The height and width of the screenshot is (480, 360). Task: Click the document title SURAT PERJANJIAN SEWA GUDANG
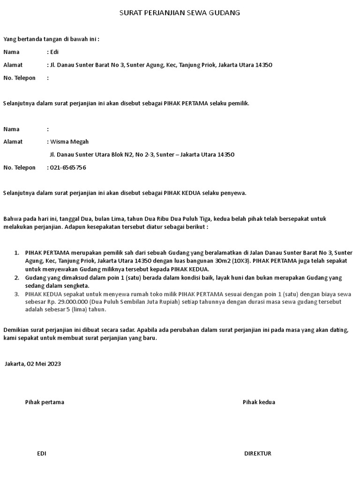(180, 13)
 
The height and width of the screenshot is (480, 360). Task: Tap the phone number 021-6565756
(68, 167)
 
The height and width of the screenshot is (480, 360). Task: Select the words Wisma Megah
(69, 142)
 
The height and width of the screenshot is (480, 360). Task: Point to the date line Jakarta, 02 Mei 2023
(32, 363)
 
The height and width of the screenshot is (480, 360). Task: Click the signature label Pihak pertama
(45, 402)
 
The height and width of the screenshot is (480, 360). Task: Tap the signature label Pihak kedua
(259, 402)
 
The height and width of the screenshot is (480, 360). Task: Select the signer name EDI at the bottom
(41, 453)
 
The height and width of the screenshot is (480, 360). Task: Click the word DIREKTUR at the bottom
(257, 453)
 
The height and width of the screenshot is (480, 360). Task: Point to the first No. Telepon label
(19, 78)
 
